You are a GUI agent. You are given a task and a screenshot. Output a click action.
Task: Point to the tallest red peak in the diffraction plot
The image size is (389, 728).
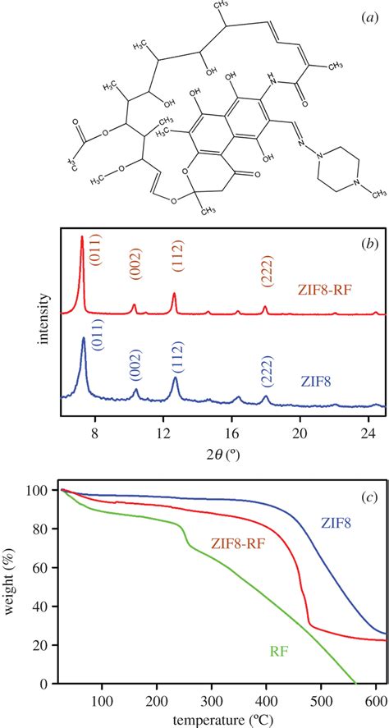[82, 239]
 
